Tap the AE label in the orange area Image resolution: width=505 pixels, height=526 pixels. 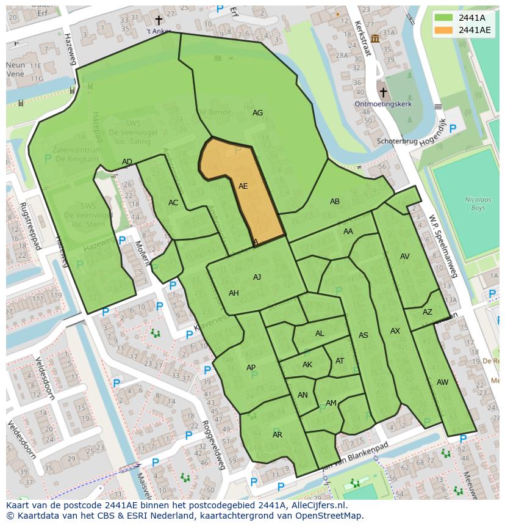click(x=243, y=186)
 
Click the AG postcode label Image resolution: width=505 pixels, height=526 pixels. click(x=257, y=113)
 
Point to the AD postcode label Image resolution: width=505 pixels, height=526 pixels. click(x=127, y=162)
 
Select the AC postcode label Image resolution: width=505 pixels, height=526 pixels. click(x=173, y=203)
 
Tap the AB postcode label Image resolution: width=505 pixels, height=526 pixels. click(x=334, y=202)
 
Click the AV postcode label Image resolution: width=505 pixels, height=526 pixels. click(x=404, y=257)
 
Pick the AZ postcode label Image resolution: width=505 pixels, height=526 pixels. click(x=427, y=312)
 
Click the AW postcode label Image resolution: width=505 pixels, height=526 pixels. click(x=442, y=382)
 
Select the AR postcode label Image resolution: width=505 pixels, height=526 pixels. click(x=278, y=435)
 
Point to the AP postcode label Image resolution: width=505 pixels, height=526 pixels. click(x=251, y=368)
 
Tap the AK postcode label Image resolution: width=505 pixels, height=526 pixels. click(x=307, y=365)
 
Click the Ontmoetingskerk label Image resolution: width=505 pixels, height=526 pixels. click(x=383, y=104)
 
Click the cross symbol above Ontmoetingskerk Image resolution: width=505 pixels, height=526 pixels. click(x=383, y=92)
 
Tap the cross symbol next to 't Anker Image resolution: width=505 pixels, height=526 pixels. click(x=159, y=21)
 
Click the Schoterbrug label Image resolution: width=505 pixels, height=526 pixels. click(x=397, y=141)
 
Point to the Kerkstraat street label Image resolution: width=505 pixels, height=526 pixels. click(x=362, y=38)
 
